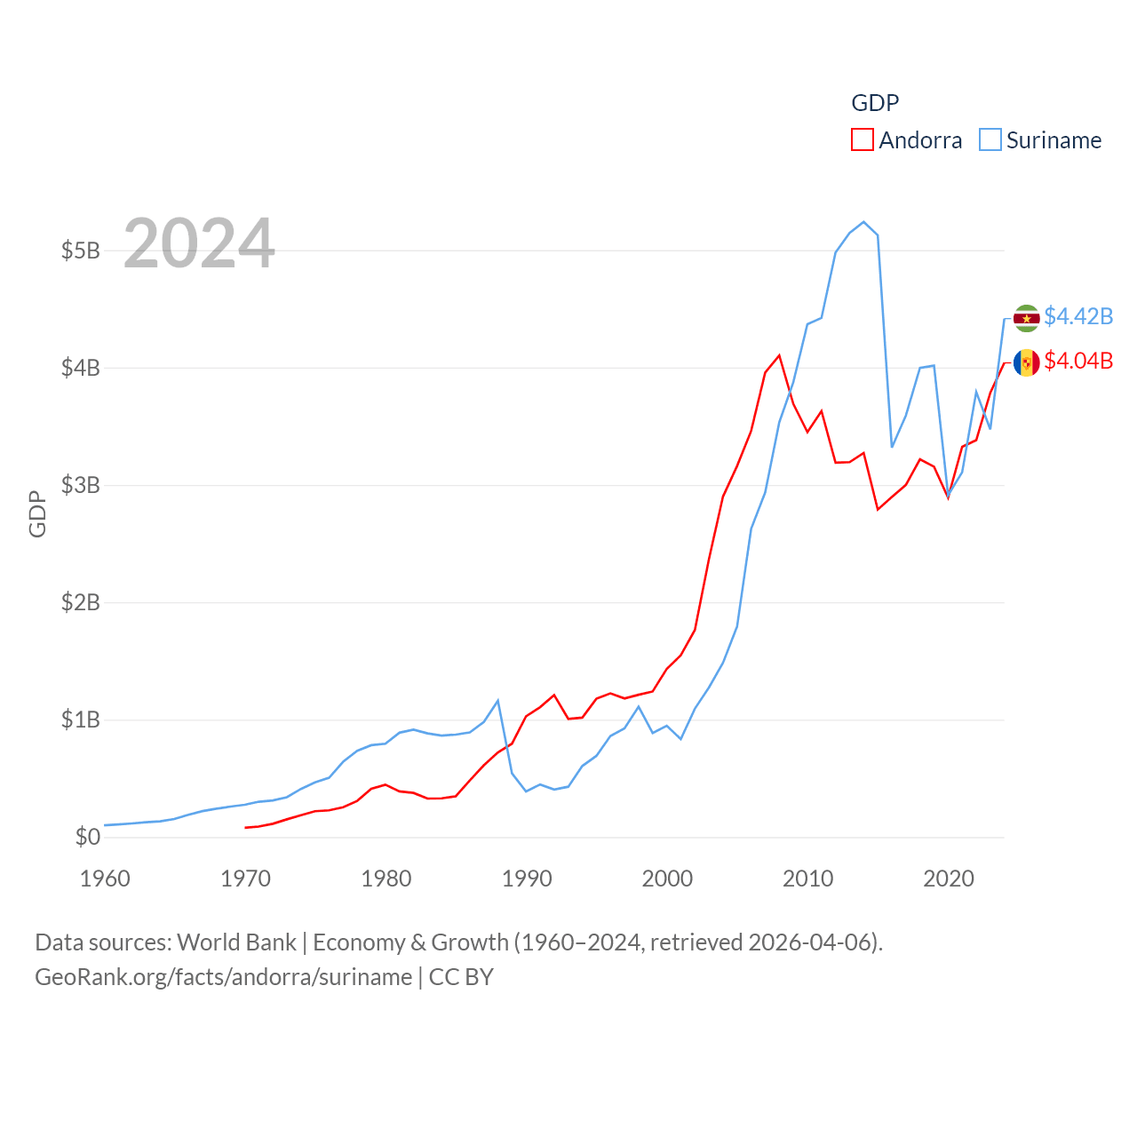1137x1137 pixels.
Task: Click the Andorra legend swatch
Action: click(862, 140)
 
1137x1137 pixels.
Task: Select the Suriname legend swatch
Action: click(990, 140)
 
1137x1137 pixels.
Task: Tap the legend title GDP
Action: click(875, 103)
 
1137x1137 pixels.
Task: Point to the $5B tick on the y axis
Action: click(80, 250)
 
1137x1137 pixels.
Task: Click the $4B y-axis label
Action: click(80, 368)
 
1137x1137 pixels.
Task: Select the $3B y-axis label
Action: click(80, 485)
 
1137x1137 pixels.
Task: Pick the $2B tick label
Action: click(80, 602)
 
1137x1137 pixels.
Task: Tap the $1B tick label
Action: click(80, 720)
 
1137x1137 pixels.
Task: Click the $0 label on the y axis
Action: click(87, 837)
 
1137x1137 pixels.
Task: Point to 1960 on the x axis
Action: click(105, 879)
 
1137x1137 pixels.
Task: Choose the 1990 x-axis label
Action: click(527, 879)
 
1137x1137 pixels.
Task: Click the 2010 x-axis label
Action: click(807, 879)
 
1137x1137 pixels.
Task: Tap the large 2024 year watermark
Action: click(199, 243)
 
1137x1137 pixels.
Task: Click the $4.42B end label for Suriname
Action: click(1078, 316)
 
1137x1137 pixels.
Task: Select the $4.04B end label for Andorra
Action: click(1078, 361)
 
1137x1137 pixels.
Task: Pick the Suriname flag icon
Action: click(1026, 318)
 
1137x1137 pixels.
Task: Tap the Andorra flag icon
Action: click(1026, 362)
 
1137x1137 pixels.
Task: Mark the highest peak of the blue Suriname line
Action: click(863, 222)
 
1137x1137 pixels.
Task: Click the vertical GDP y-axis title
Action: click(37, 513)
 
